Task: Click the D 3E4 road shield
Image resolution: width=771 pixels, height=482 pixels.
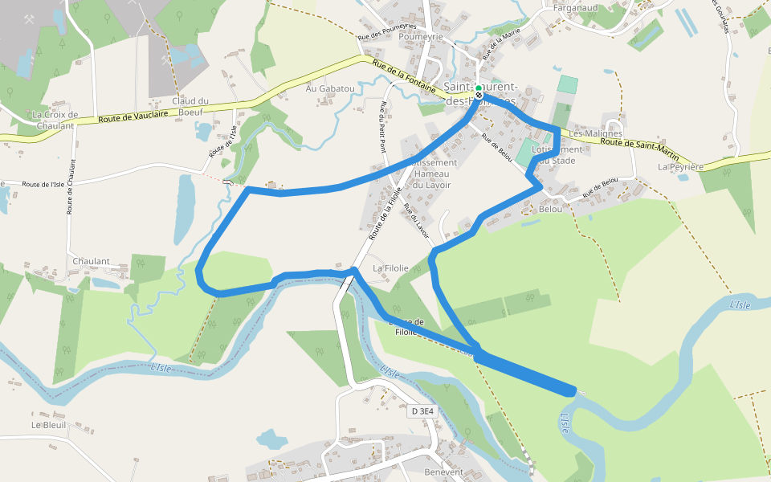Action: [422, 411]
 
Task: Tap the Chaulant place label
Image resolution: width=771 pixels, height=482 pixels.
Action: [90, 262]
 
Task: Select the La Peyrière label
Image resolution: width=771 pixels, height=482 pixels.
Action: [680, 167]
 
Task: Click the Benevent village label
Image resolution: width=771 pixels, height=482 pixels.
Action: [444, 472]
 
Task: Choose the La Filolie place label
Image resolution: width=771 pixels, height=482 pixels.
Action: [390, 268]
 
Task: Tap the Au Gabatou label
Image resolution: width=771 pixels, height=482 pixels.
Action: [330, 88]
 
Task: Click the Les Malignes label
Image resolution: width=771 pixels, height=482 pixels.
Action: [595, 133]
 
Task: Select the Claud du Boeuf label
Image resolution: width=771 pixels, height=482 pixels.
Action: [190, 107]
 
